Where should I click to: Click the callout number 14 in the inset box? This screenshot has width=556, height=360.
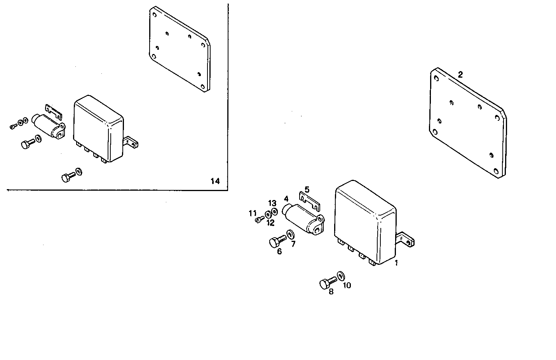[215, 181]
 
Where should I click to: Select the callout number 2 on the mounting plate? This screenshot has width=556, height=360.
[460, 75]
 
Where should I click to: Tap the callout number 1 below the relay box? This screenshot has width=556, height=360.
[396, 263]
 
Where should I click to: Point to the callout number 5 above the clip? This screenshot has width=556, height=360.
[307, 190]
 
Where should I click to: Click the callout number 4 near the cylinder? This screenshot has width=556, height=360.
[286, 199]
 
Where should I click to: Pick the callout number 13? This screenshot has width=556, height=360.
[272, 203]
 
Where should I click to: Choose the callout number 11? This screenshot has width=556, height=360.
[253, 213]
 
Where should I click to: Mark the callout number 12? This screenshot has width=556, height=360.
[270, 223]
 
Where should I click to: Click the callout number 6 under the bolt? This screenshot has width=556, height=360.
[279, 251]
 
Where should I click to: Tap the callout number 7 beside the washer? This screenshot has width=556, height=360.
[293, 244]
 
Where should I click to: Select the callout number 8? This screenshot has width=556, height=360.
[331, 292]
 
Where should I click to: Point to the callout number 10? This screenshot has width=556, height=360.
[347, 285]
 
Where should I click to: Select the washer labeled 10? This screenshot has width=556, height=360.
[341, 276]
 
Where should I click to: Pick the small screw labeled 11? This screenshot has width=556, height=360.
[259, 220]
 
